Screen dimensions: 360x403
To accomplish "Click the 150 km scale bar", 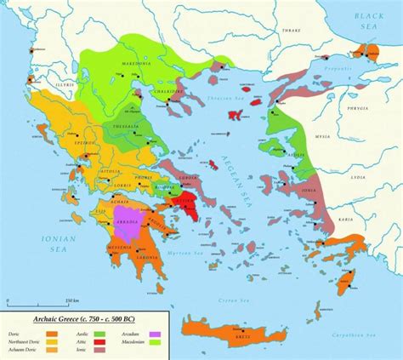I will tap(34, 302).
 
